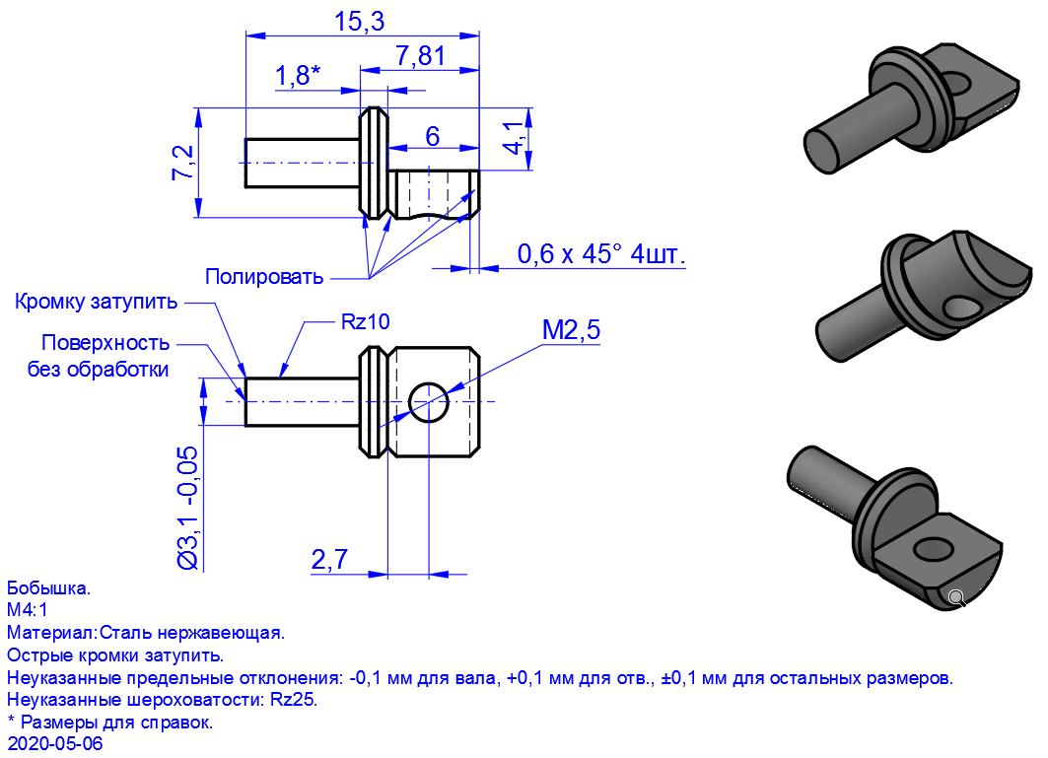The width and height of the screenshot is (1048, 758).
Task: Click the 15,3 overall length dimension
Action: [360, 22]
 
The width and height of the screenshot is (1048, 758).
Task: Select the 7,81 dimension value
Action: [420, 55]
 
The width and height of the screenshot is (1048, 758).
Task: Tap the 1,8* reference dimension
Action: [298, 76]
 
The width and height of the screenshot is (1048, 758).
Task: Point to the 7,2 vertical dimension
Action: [182, 163]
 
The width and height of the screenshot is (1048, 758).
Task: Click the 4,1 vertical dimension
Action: [513, 138]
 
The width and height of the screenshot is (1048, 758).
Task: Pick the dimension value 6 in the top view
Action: [433, 136]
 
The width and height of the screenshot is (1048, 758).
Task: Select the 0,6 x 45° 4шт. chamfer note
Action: [600, 254]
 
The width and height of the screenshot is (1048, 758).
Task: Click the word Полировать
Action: [264, 276]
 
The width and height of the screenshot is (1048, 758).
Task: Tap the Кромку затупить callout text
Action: [97, 302]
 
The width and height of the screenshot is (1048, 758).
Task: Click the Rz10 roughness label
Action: [365, 321]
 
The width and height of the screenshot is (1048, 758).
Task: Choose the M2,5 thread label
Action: [571, 329]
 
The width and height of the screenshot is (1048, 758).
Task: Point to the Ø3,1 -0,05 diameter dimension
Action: [187, 508]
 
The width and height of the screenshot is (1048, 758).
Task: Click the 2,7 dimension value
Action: [329, 559]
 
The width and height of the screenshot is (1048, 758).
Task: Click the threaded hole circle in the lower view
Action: [429, 402]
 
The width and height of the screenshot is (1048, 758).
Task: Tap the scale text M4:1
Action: [27, 609]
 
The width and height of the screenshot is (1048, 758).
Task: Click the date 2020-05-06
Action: [55, 743]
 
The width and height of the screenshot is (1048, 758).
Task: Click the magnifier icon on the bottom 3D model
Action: [957, 598]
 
